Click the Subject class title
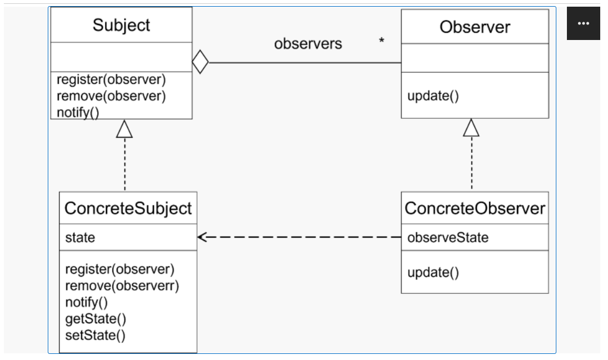(x=121, y=25)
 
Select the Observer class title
(x=475, y=27)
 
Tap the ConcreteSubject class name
(x=128, y=208)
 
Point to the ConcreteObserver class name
(x=475, y=208)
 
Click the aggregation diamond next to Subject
(x=200, y=62)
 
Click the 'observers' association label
(x=308, y=44)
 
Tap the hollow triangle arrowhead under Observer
(x=471, y=128)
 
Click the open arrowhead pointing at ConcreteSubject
(x=203, y=237)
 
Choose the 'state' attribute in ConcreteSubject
(x=81, y=238)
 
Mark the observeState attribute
(x=448, y=238)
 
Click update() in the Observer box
(x=433, y=96)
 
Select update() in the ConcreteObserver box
(x=433, y=273)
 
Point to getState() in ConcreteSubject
(x=96, y=319)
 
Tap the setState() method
(x=95, y=335)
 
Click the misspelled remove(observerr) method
(x=122, y=286)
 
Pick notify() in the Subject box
(x=78, y=113)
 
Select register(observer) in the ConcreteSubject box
(x=120, y=269)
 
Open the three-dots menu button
(x=583, y=23)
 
